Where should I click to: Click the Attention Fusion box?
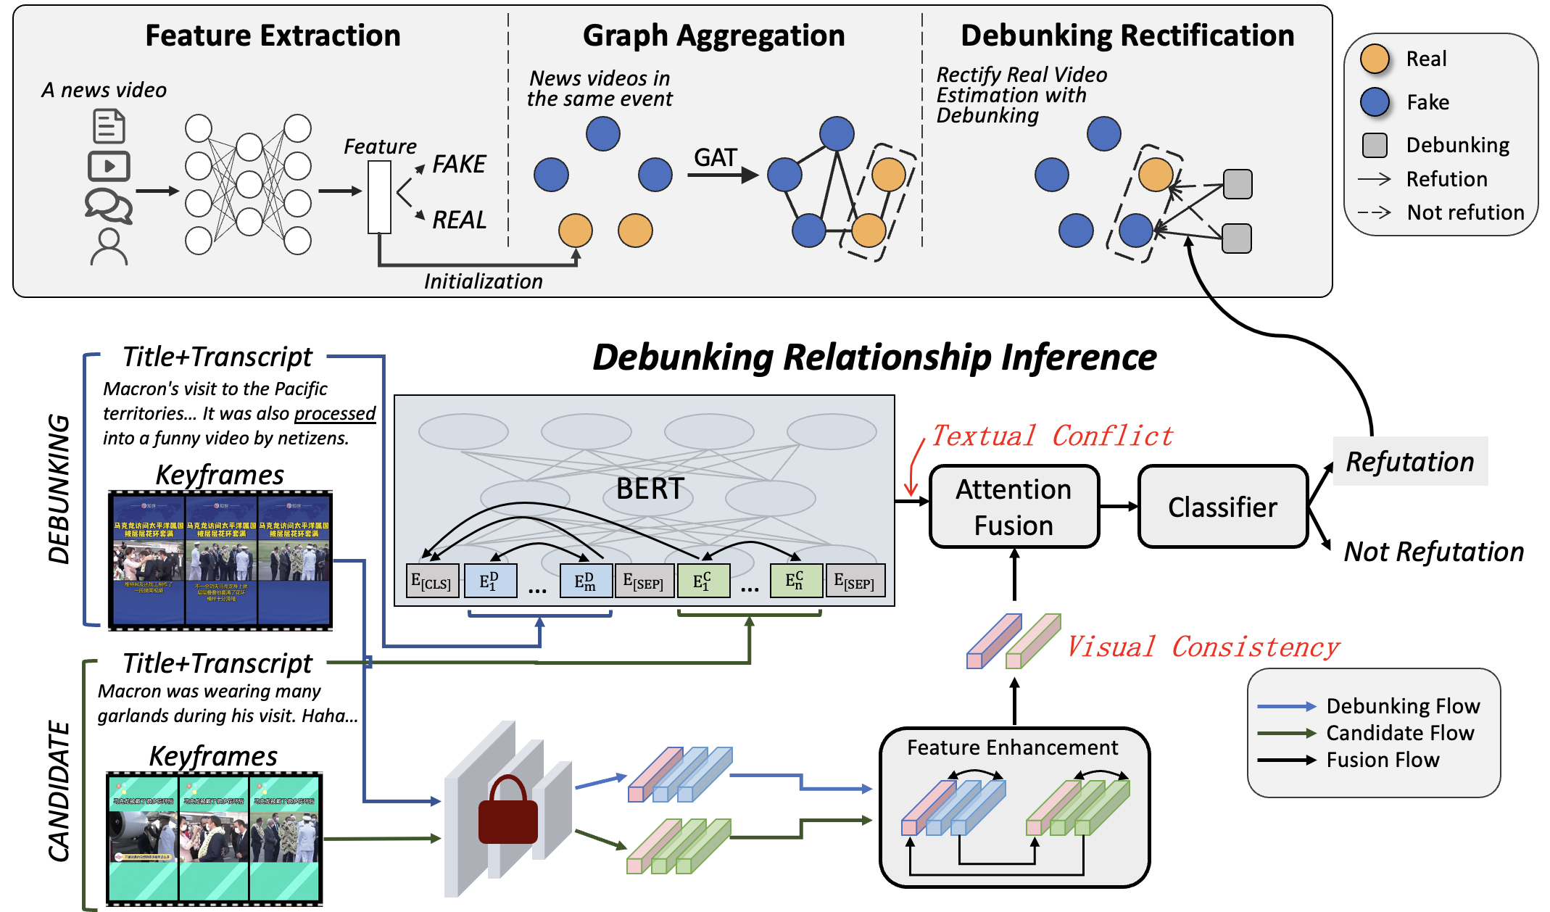[1014, 507]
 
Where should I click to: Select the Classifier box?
[1222, 507]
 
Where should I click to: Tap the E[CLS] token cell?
[431, 581]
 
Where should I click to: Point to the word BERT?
[650, 489]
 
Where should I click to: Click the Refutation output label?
[1410, 462]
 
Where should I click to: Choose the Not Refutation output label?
[1433, 552]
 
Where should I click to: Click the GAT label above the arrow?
[715, 157]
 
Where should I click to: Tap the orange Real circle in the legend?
[1375, 59]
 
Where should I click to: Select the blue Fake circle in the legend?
[1375, 102]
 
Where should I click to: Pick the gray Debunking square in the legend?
[1375, 145]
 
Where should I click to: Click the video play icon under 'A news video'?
[109, 166]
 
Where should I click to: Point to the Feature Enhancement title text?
[1012, 747]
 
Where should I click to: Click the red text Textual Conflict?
[1051, 436]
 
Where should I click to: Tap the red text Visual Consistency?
[1203, 647]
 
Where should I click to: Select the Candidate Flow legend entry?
[1399, 733]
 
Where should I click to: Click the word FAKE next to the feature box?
[459, 164]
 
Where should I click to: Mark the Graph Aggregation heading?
[713, 36]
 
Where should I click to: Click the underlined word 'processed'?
[334, 413]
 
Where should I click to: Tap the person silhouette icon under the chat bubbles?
[109, 246]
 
